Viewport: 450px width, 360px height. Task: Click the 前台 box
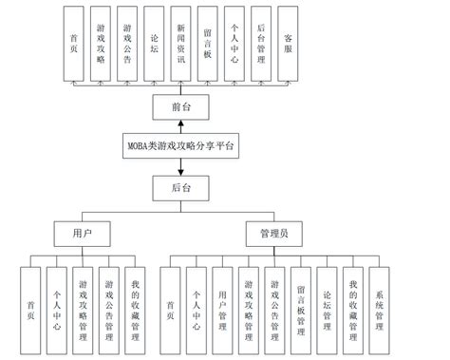click(180, 106)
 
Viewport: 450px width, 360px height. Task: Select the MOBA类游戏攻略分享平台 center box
click(180, 146)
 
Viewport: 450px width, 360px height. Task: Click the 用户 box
click(83, 232)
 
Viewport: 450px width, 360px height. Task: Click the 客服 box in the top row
click(288, 43)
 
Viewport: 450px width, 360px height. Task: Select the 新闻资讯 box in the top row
click(180, 43)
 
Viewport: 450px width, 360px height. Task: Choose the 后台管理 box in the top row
click(261, 43)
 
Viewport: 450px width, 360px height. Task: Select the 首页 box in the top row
click(74, 43)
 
